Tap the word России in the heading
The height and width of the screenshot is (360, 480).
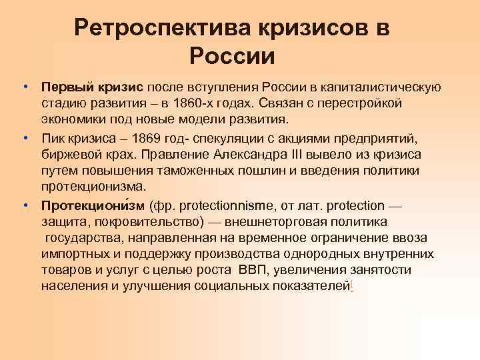[x=231, y=55]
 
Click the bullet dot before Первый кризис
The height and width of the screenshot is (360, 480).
[x=24, y=87]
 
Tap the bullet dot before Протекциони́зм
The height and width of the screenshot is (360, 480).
[x=24, y=203]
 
